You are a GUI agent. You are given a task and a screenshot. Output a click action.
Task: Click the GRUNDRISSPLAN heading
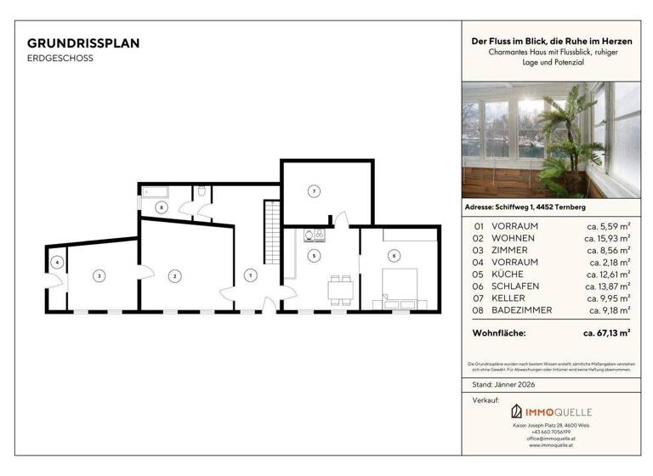pos(83,42)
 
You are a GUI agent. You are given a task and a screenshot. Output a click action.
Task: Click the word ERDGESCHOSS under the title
pos(60,59)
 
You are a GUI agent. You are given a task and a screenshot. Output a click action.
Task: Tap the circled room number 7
pos(314,191)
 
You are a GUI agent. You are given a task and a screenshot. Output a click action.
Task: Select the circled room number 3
pos(99,275)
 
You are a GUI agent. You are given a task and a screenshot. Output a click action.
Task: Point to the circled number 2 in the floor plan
pos(174,275)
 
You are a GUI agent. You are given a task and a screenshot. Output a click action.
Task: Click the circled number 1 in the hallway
pos(250,275)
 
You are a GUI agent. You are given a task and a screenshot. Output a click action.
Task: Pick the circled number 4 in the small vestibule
pos(57,263)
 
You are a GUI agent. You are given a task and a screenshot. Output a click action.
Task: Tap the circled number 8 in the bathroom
pos(162,207)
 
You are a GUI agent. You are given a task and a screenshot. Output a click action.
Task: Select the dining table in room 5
pos(342,287)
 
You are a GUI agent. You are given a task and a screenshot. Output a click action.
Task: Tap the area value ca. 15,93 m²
pos(608,238)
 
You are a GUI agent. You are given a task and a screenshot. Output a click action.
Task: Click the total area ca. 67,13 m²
pos(606,334)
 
